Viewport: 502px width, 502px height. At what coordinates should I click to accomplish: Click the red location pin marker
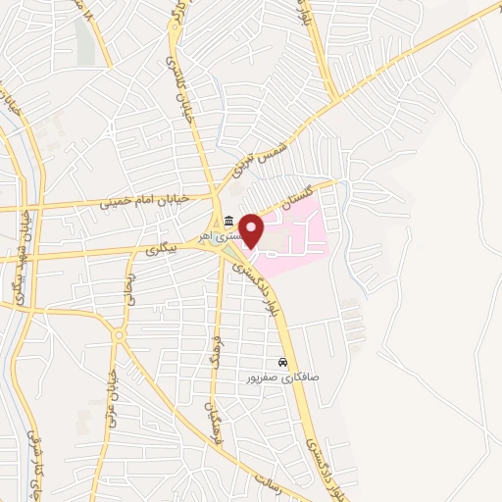pos(252,229)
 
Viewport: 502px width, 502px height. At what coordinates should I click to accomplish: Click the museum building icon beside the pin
pos(228,219)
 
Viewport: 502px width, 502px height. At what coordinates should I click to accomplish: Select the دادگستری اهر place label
pos(218,236)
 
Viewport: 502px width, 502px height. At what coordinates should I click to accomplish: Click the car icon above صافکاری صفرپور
pos(282,361)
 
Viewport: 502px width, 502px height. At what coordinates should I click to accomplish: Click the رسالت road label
pos(270,480)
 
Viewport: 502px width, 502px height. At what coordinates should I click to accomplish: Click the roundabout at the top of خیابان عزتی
pos(120,335)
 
